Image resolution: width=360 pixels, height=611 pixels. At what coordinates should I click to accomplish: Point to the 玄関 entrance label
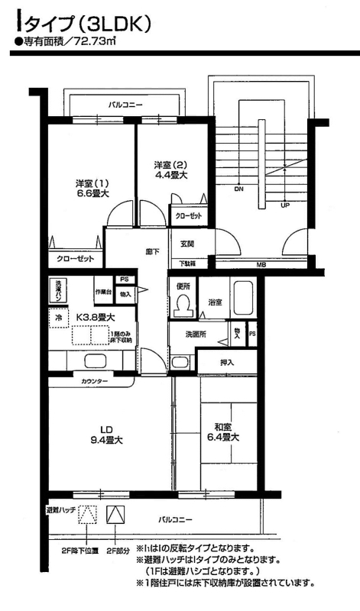[x=187, y=244]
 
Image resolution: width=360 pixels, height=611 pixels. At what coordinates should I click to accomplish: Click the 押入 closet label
[x=226, y=362]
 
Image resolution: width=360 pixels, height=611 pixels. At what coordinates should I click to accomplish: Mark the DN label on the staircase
[x=238, y=189]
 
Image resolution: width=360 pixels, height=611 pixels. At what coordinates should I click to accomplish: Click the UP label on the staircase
[x=285, y=205]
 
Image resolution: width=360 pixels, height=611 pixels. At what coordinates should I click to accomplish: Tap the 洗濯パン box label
[x=57, y=289]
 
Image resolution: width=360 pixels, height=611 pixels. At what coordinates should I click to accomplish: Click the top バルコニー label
[x=125, y=102]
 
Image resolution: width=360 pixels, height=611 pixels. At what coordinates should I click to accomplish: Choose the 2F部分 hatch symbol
[x=115, y=515]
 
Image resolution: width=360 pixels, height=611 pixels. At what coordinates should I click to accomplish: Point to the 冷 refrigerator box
[x=57, y=315]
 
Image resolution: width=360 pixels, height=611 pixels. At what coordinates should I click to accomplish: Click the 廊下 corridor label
[x=151, y=249]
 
